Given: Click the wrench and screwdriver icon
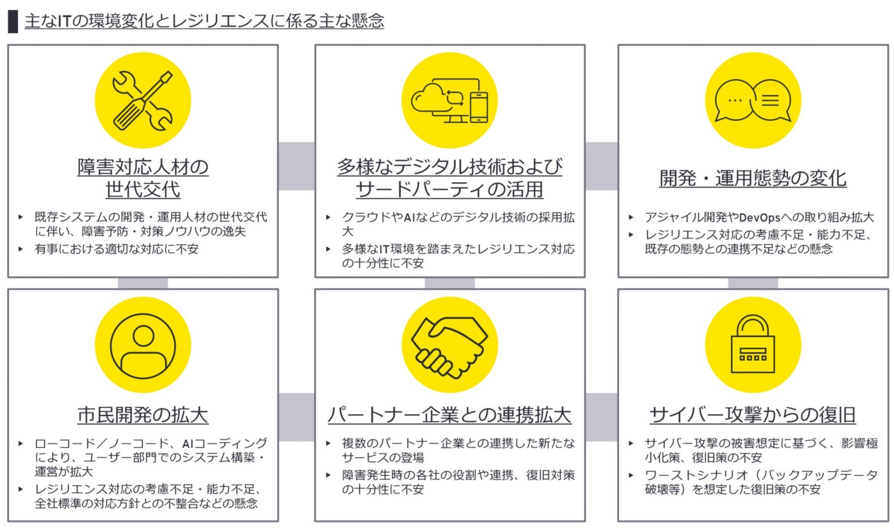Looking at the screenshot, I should (x=142, y=100).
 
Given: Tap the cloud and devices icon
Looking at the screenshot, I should (x=449, y=100).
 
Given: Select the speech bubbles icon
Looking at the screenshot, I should (x=753, y=100).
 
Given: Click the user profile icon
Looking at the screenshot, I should (x=143, y=345).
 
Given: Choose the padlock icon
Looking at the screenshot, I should (x=753, y=345).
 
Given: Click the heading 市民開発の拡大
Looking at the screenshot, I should (x=143, y=415).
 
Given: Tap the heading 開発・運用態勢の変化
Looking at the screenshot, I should (x=753, y=178).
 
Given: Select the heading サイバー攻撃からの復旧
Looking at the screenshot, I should (x=753, y=415).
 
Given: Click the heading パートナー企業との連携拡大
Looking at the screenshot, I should (x=449, y=415).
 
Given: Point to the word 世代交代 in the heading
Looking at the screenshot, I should (x=143, y=189).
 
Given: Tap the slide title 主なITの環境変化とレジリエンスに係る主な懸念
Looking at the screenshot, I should (x=204, y=21).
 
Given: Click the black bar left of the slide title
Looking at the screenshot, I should (x=13, y=22).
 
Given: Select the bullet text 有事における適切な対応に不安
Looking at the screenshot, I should (x=116, y=249).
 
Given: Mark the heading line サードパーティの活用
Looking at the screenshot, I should (x=449, y=189).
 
